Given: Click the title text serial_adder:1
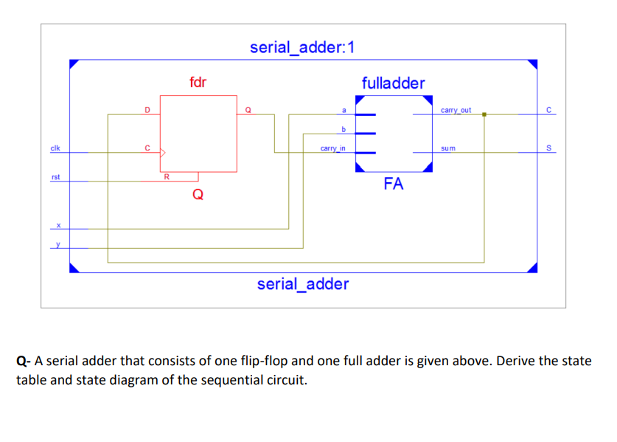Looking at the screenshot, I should (x=302, y=48).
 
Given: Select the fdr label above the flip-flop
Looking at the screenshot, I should (x=198, y=82).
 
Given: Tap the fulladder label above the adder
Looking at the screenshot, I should (x=393, y=83).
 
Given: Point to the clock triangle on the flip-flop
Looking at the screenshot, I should (x=164, y=153).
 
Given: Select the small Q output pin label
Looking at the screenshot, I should (x=248, y=111).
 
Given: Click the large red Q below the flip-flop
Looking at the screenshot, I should (x=198, y=195).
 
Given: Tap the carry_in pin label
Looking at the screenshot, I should (x=332, y=148).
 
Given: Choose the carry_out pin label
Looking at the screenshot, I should (x=456, y=110).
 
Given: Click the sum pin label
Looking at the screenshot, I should (x=448, y=148).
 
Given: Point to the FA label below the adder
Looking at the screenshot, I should (x=394, y=184).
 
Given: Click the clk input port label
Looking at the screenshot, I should (x=55, y=148).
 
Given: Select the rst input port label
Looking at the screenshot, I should (x=55, y=177).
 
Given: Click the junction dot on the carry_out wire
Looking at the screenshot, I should (x=484, y=114).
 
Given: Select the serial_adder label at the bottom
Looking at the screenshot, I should (x=302, y=284).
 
